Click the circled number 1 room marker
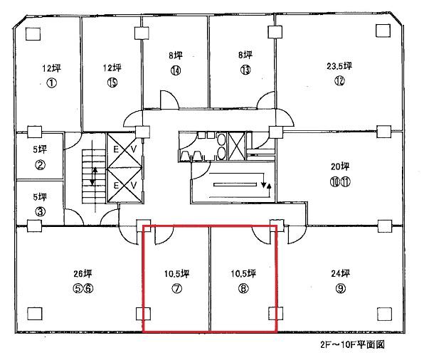[x=52, y=83]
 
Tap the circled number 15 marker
[x=112, y=83]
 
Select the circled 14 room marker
[x=176, y=70]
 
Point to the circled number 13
[x=245, y=70]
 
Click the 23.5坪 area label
[x=339, y=65]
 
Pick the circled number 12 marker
[x=339, y=80]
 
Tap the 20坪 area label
[x=340, y=166]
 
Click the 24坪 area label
[x=341, y=273]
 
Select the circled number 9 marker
[x=341, y=289]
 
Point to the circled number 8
[x=243, y=289]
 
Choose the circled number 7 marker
[x=177, y=289]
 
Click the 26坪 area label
[x=83, y=273]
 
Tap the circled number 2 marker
[x=40, y=164]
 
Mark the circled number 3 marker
[x=40, y=211]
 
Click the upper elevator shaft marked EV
[x=124, y=150]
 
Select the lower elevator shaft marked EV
[x=124, y=185]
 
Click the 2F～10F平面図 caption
[x=352, y=344]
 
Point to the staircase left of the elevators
[x=94, y=176]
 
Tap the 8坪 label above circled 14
[x=176, y=55]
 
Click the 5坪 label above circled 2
[x=40, y=149]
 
